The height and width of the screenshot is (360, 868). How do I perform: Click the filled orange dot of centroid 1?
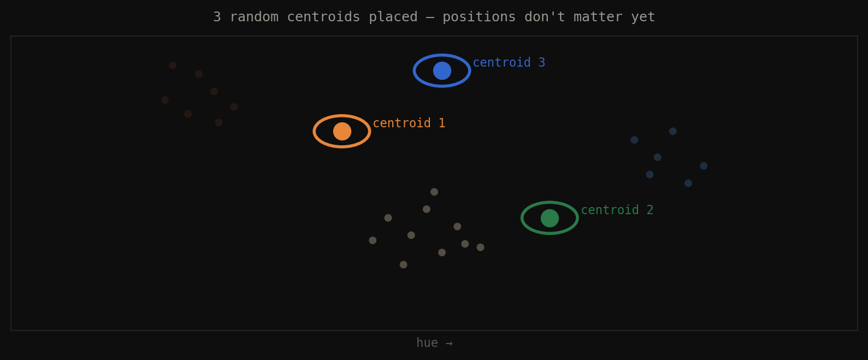tap(342, 131)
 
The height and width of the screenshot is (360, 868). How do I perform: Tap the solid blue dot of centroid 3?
tap(442, 70)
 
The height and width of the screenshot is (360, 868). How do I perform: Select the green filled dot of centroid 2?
tap(550, 218)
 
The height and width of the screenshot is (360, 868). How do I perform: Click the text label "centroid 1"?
tap(409, 123)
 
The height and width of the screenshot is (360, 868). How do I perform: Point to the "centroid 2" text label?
tap(617, 210)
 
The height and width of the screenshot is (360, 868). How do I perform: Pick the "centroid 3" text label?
tap(509, 63)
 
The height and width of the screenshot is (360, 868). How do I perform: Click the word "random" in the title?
tap(254, 17)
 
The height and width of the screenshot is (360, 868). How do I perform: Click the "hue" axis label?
tap(427, 343)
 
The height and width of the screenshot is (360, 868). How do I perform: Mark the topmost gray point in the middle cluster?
tap(434, 192)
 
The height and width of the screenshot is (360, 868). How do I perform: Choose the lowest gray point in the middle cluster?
tap(403, 264)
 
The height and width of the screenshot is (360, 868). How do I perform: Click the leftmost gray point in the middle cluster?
tap(373, 240)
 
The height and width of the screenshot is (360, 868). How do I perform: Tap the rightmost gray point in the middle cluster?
tap(480, 247)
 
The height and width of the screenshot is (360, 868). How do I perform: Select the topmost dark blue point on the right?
tap(673, 131)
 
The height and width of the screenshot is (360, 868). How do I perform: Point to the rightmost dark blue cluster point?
tap(704, 166)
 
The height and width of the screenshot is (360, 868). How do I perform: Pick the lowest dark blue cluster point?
tap(688, 183)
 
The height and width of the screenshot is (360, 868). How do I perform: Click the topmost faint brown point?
tap(173, 66)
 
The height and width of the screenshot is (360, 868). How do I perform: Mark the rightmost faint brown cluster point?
tap(234, 107)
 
